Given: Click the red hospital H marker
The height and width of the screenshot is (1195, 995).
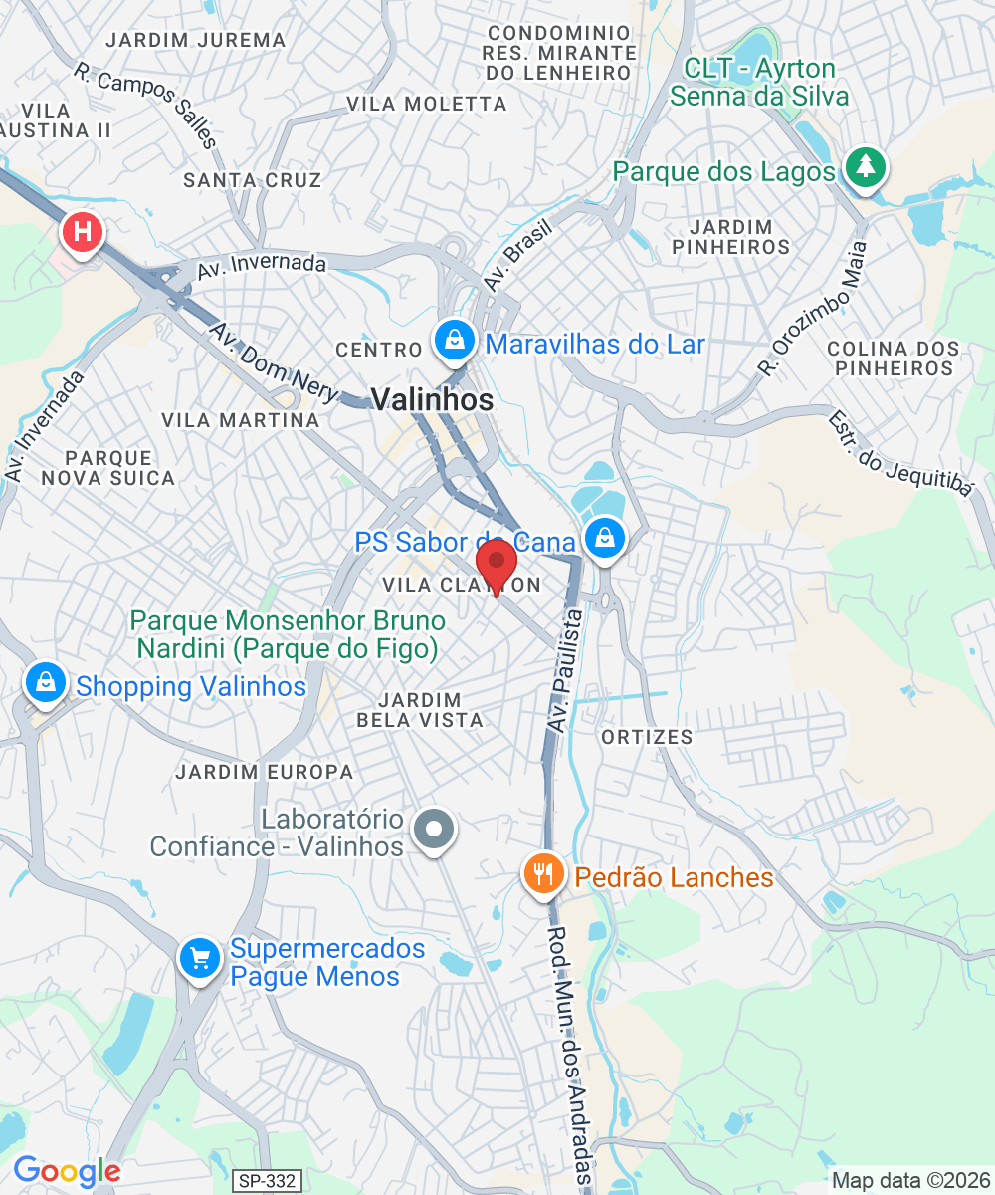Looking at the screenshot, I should [82, 233].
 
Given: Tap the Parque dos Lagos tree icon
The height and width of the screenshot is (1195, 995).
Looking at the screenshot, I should [866, 167].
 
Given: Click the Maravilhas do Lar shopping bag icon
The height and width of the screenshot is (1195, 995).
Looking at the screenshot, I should [455, 341].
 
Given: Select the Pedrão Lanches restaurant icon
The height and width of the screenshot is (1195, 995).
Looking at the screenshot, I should [542, 875].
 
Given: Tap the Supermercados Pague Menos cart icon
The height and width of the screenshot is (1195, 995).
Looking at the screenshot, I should [200, 958].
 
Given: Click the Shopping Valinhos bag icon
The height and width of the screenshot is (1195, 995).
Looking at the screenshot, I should [46, 683].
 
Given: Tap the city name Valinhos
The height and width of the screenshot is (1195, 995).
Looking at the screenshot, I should [432, 400].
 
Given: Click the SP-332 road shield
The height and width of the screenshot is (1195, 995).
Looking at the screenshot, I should [268, 1181].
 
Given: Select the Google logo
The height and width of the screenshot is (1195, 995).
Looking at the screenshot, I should [66, 1171].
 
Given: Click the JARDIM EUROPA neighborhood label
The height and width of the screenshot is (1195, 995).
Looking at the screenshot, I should [264, 772].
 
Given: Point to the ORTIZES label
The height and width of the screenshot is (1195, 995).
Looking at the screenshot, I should [647, 737].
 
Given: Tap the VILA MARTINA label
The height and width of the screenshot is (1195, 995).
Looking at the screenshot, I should [241, 420].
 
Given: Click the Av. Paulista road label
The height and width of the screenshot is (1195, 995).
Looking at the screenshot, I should [565, 672].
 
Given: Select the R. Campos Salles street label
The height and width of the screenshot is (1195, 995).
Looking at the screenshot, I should [144, 105].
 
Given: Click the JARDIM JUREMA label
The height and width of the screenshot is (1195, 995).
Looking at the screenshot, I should [195, 40].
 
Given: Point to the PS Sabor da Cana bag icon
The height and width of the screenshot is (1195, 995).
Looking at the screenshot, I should [604, 539].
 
